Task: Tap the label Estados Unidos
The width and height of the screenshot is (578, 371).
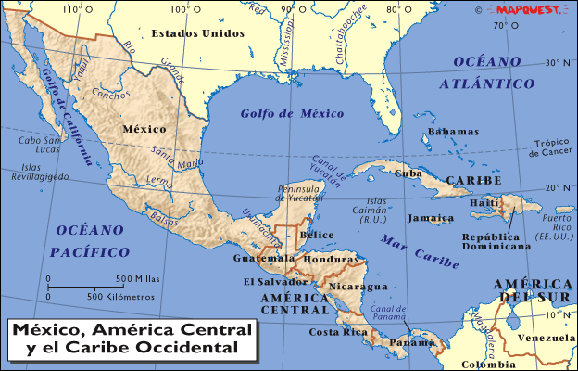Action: point(199,33)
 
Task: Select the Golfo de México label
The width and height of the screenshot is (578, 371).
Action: point(279,114)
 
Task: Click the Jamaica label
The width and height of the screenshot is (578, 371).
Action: point(430,218)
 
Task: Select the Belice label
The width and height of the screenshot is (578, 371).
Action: point(317,235)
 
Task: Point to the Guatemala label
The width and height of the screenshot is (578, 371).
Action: point(257,258)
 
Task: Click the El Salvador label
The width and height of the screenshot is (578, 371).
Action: point(275,281)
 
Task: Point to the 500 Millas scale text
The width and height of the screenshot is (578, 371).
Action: point(136,278)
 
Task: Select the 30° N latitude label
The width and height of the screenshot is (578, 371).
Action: point(557,64)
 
